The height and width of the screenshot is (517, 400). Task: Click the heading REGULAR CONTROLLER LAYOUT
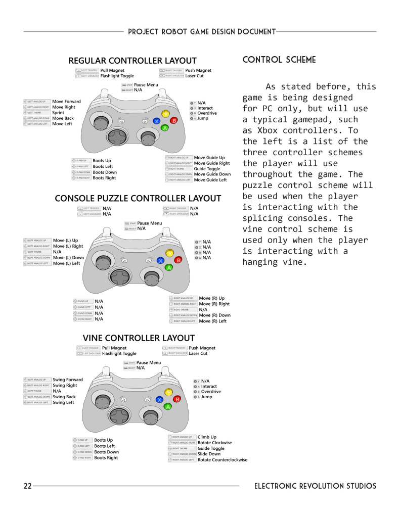click(132, 61)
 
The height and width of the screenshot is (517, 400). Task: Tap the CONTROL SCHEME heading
click(279, 60)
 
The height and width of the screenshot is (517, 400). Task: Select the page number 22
click(28, 486)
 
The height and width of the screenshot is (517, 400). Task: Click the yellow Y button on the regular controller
click(165, 114)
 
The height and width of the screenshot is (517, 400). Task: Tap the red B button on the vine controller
click(177, 399)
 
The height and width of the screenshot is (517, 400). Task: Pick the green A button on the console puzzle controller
click(169, 267)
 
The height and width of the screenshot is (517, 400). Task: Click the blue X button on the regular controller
click(157, 121)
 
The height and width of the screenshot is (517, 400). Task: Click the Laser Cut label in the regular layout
click(194, 76)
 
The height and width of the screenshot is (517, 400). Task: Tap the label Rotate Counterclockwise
click(223, 460)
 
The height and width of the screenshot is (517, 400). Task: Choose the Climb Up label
click(207, 437)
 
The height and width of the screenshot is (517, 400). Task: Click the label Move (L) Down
click(68, 258)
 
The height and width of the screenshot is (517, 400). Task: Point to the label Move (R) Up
click(211, 298)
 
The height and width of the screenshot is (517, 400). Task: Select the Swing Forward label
click(68, 380)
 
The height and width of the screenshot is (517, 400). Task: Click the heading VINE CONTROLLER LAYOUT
click(139, 338)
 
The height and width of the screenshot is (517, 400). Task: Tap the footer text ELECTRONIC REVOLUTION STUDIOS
click(315, 486)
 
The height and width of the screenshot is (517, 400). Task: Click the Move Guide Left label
click(210, 180)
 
